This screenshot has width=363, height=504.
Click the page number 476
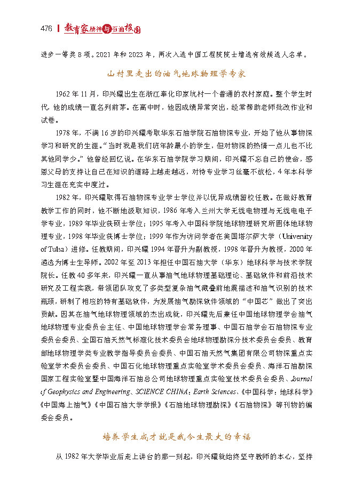(x=46, y=29)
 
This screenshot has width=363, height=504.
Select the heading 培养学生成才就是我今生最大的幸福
(x=177, y=437)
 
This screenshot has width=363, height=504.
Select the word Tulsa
(x=59, y=249)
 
